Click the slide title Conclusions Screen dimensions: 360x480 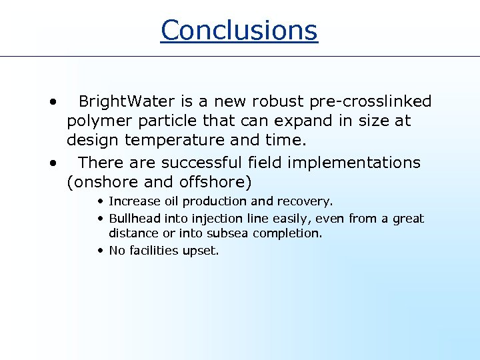coord(239,30)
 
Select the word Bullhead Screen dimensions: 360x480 coord(133,219)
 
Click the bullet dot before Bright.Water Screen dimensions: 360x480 coord(51,102)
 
